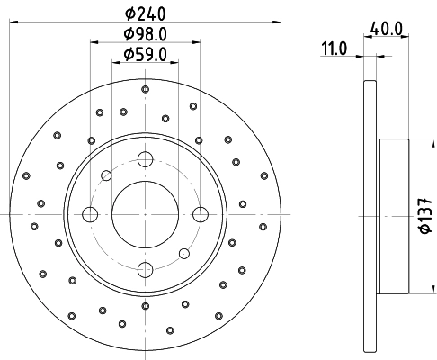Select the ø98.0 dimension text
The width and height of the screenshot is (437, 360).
point(145,36)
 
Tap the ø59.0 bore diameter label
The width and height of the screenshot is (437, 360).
point(145,57)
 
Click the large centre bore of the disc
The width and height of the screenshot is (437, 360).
point(144,214)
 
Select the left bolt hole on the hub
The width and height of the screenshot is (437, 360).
point(90,214)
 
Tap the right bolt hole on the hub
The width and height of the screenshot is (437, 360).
point(199,214)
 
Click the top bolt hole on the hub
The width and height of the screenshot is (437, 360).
point(144,160)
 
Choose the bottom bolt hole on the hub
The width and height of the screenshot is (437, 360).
point(144,268)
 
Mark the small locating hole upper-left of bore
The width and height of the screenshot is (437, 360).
point(106,175)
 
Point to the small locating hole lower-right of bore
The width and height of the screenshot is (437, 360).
point(183,253)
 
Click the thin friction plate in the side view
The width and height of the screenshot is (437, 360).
point(369,216)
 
